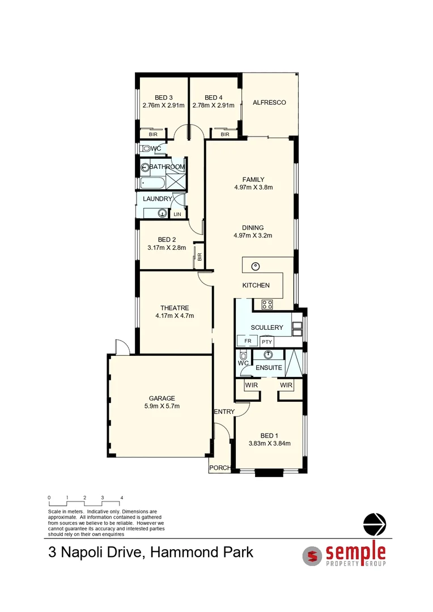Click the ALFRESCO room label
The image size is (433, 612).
[269, 103]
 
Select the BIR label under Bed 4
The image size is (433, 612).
[224, 134]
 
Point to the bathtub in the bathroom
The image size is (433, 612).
[151, 183]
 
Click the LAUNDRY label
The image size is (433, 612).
[157, 199]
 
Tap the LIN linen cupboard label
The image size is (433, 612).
[177, 214]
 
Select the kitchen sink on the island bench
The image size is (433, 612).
[256, 266]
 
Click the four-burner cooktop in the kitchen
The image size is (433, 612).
[268, 304]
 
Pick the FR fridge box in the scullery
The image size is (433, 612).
[247, 341]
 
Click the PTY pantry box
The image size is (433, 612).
[268, 342]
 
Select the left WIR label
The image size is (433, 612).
[251, 385]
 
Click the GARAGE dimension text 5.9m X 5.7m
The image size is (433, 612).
[162, 406]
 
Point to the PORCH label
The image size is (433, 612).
[219, 468]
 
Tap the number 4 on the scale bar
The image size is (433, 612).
[121, 498]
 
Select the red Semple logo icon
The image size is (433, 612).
[312, 555]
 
